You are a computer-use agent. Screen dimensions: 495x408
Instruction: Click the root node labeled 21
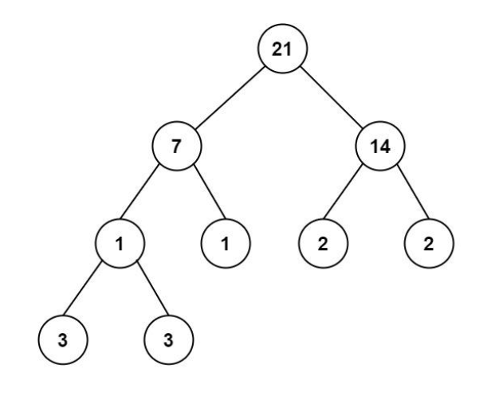pyautogui.click(x=282, y=49)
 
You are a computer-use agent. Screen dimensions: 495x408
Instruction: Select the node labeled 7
pyautogui.click(x=177, y=146)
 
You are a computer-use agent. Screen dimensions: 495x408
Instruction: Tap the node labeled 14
pyautogui.click(x=380, y=146)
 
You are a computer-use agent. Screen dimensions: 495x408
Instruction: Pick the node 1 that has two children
pyautogui.click(x=120, y=243)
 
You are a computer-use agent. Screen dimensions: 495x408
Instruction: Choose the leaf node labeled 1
pyautogui.click(x=226, y=243)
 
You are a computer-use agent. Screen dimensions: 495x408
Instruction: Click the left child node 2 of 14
pyautogui.click(x=324, y=243)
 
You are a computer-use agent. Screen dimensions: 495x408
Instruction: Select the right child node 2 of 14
pyautogui.click(x=429, y=243)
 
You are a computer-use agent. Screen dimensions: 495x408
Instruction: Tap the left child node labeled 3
pyautogui.click(x=63, y=339)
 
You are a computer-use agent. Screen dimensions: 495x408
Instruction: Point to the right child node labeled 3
pyautogui.click(x=169, y=339)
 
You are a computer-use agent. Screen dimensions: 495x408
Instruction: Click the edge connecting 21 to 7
pyautogui.click(x=230, y=97)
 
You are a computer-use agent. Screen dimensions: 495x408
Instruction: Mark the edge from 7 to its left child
pyautogui.click(x=139, y=192)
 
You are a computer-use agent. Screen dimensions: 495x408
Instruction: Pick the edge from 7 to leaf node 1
pyautogui.click(x=210, y=192)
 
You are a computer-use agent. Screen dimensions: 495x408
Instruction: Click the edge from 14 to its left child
pyautogui.click(x=343, y=192)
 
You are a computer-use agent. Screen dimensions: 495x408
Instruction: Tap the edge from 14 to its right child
pyautogui.click(x=413, y=192)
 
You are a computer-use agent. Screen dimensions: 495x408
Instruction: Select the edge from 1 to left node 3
pyautogui.click(x=82, y=288)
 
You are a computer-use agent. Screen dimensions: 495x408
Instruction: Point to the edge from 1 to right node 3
pyautogui.click(x=153, y=288)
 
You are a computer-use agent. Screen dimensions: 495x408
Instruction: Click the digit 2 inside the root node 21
pyautogui.click(x=277, y=49)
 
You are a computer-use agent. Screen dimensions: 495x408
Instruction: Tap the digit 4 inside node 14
pyautogui.click(x=385, y=147)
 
